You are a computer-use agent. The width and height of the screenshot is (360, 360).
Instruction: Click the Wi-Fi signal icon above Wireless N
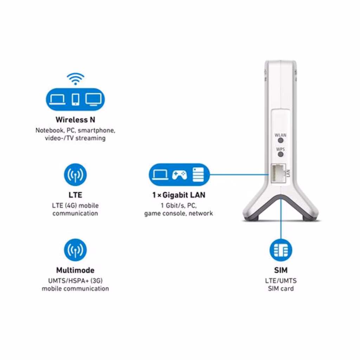coord(75,79)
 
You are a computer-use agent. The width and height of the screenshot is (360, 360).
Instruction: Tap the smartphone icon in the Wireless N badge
coord(76,99)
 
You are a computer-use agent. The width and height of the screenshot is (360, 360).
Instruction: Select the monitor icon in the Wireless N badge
coord(94,99)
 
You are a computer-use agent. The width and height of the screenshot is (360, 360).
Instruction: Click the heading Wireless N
coord(75,120)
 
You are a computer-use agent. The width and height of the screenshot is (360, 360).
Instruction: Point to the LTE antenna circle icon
coord(75,174)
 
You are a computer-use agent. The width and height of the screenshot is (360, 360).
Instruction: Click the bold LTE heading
coord(75,195)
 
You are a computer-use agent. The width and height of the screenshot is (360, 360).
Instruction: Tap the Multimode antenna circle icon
coord(75,250)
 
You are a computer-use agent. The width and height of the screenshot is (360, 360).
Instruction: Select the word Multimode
coord(75,270)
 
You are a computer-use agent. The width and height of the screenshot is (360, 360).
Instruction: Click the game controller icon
coord(179,175)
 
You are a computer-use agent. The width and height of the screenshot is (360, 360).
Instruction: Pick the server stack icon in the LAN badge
coord(198,175)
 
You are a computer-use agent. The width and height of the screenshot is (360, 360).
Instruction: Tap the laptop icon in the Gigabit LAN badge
coord(160,175)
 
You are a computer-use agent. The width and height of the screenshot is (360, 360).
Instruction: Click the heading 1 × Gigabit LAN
coord(179,195)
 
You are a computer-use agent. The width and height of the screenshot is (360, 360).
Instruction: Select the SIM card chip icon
coord(281,250)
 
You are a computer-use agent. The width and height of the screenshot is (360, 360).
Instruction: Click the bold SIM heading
coord(281,270)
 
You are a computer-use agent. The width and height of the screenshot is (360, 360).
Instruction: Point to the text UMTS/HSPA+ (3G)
coord(75,281)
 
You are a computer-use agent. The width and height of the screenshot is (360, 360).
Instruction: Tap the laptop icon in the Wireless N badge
coord(57,99)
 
